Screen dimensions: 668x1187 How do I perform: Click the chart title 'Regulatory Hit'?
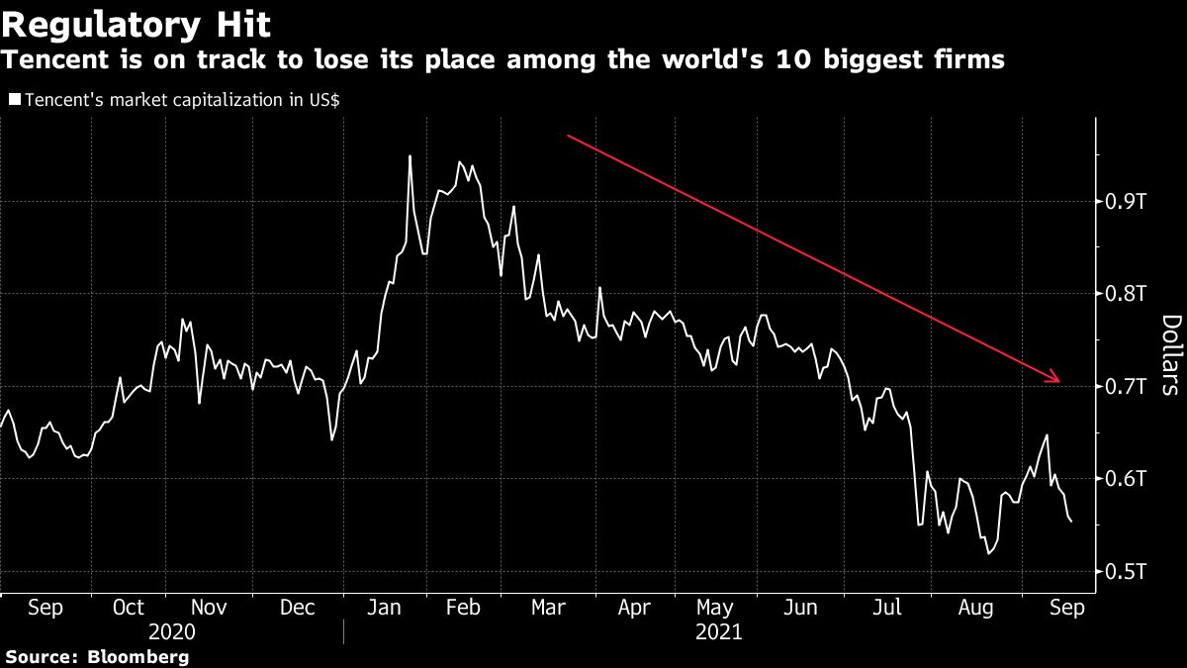137,23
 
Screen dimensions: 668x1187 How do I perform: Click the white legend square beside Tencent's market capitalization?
14,100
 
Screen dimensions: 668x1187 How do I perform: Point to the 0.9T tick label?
1126,202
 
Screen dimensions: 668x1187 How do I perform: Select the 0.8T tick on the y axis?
1126,294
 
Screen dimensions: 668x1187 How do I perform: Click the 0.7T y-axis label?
1126,386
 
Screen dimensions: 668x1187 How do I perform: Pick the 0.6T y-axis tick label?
1126,479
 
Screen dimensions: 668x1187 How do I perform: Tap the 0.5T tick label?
1126,571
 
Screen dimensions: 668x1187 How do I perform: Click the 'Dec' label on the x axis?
298,608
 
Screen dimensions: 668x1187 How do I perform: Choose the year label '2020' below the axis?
171,631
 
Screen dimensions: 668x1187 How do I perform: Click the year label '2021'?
718,631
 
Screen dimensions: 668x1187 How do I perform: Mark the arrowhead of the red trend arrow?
1058,380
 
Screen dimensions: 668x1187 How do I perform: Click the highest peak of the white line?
410,156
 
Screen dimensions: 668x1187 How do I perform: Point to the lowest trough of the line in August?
988,554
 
